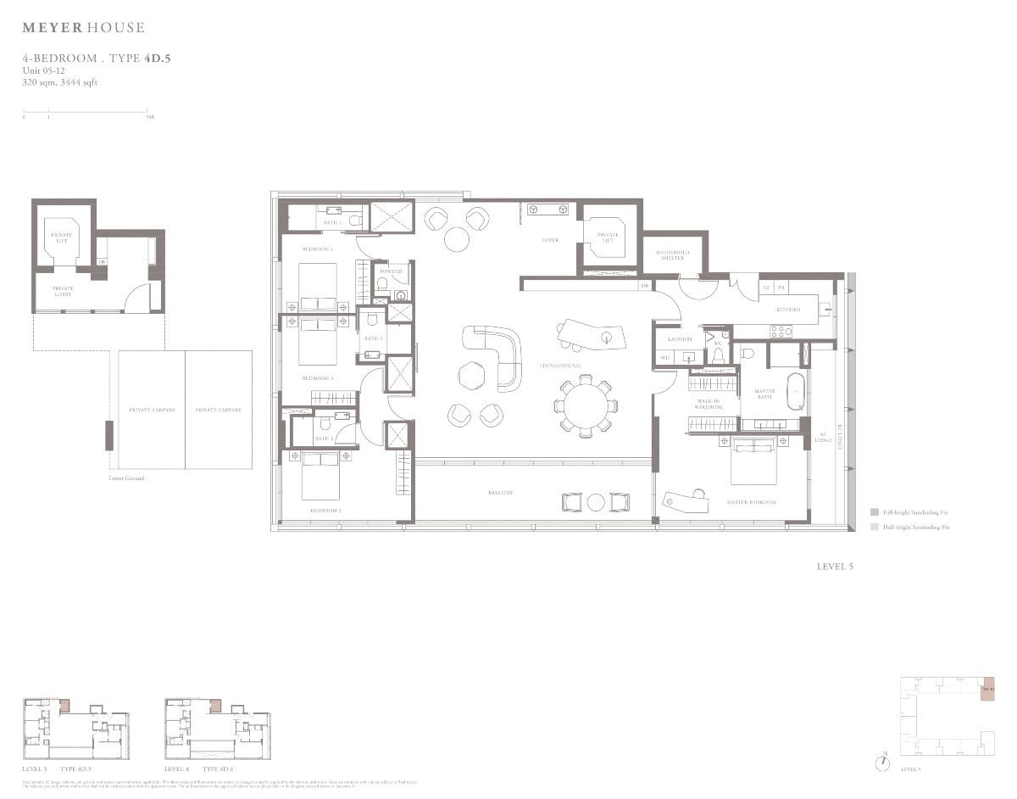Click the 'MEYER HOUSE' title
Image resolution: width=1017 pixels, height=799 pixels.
pyautogui.click(x=83, y=28)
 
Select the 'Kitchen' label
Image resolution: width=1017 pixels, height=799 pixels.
pyautogui.click(x=788, y=310)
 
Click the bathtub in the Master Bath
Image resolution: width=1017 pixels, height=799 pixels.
pyautogui.click(x=797, y=392)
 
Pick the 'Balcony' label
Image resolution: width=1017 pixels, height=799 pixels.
pyautogui.click(x=500, y=493)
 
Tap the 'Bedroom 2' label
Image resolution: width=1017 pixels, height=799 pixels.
pyautogui.click(x=325, y=511)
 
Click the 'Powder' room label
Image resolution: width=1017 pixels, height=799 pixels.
pyautogui.click(x=391, y=271)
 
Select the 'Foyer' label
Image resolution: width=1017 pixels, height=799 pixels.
pyautogui.click(x=551, y=240)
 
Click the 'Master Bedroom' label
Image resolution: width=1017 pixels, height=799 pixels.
pyautogui.click(x=751, y=502)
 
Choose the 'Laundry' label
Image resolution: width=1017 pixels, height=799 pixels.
pyautogui.click(x=681, y=339)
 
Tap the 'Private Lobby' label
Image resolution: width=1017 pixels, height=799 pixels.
pyautogui.click(x=63, y=291)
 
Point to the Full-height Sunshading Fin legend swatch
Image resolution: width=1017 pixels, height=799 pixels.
pyautogui.click(x=874, y=512)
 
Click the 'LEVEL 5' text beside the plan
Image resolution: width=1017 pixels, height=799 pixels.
pyautogui.click(x=835, y=567)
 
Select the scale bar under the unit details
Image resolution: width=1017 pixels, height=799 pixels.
pyautogui.click(x=85, y=110)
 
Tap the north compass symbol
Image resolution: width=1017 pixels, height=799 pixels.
pyautogui.click(x=883, y=762)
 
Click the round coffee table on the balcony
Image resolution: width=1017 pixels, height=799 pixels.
pyautogui.click(x=596, y=502)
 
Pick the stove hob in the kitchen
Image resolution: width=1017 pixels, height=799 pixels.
pyautogui.click(x=781, y=331)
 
